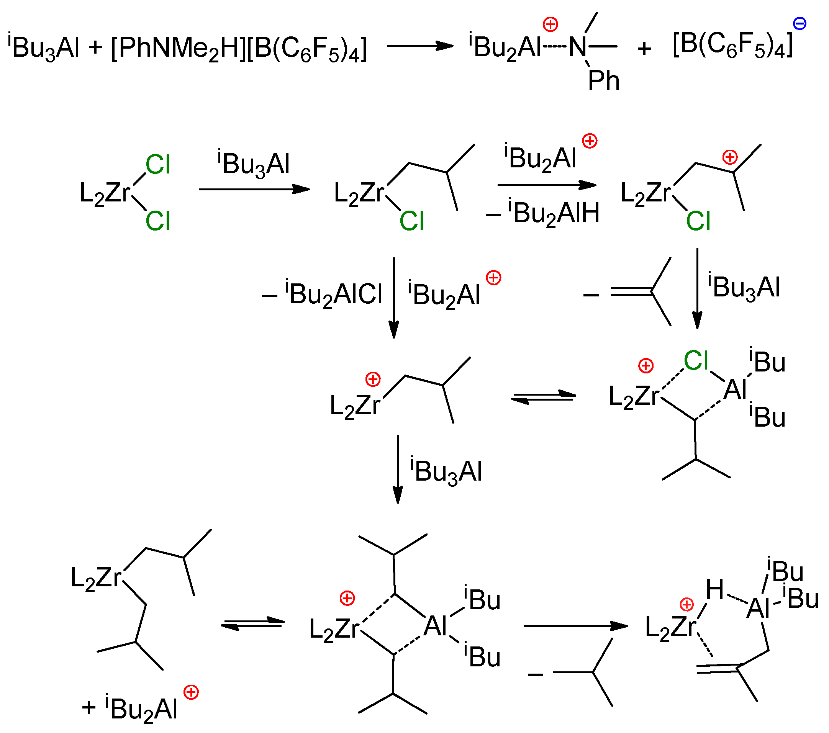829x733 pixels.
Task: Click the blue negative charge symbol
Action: (800, 23)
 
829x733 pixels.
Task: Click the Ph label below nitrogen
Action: (603, 81)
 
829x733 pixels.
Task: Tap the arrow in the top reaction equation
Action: (420, 46)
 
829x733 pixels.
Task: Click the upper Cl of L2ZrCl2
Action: (157, 165)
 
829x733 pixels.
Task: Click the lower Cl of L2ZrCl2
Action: (157, 221)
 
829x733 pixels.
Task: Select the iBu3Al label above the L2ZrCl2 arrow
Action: (254, 164)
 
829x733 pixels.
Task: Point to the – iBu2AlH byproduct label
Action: (543, 214)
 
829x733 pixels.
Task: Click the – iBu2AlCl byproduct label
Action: (323, 294)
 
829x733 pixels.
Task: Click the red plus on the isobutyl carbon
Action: (730, 157)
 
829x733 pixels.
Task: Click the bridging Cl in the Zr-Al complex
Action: (696, 360)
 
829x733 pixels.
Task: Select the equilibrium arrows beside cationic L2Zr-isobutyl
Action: (543, 397)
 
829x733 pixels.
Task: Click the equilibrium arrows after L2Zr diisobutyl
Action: (253, 624)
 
